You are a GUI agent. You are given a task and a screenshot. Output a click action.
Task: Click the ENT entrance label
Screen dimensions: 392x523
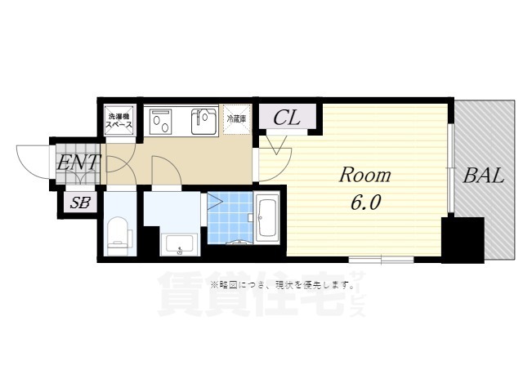click(x=78, y=163)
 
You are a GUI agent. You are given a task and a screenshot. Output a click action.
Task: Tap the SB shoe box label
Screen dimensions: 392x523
click(x=80, y=203)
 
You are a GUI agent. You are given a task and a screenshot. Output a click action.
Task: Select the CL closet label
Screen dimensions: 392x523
click(x=286, y=118)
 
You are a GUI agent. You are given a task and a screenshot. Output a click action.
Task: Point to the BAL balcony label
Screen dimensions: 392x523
click(x=485, y=174)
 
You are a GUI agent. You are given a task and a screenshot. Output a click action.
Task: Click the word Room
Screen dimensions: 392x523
click(x=365, y=175)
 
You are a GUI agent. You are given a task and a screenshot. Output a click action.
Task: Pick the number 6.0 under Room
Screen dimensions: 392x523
click(x=365, y=202)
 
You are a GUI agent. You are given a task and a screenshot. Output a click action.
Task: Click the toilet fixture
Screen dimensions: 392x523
click(x=119, y=231)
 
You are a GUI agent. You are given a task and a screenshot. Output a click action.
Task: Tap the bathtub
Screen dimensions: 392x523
click(x=267, y=218)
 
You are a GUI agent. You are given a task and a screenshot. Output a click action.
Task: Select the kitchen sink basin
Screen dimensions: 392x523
click(x=201, y=122)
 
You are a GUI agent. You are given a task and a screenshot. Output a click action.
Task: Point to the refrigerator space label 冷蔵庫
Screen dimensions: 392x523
click(x=236, y=118)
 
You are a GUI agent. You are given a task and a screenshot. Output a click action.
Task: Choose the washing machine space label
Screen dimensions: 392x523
click(x=119, y=121)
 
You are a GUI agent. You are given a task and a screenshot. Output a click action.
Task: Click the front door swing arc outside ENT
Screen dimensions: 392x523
click(x=31, y=160)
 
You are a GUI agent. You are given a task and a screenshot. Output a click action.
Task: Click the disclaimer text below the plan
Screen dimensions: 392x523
click(x=286, y=285)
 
